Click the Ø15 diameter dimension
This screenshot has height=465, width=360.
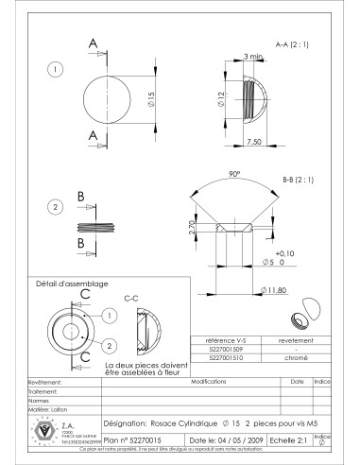(139, 101)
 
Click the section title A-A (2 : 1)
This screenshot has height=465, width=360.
(292, 44)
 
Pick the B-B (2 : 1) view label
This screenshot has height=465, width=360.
(300, 179)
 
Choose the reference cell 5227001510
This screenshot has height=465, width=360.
(224, 357)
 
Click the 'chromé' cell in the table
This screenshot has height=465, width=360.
(290, 357)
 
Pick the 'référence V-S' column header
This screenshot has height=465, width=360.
(224, 339)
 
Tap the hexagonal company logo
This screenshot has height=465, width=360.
(42, 430)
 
